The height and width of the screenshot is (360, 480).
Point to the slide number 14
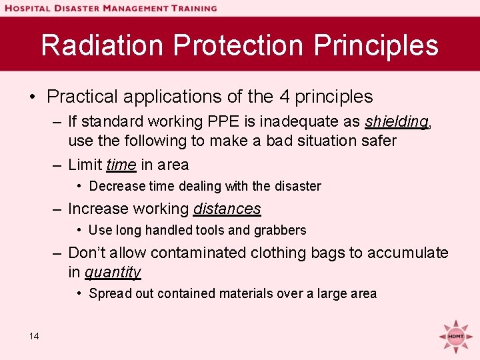(x=34, y=336)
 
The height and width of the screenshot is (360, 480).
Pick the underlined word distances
(x=227, y=209)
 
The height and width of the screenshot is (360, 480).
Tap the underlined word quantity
(x=113, y=272)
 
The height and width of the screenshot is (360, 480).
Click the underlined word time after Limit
(x=121, y=165)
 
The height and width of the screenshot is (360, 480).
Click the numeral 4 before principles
(x=284, y=97)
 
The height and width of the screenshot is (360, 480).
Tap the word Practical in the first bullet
(x=79, y=97)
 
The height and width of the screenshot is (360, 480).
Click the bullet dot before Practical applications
(x=33, y=97)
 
